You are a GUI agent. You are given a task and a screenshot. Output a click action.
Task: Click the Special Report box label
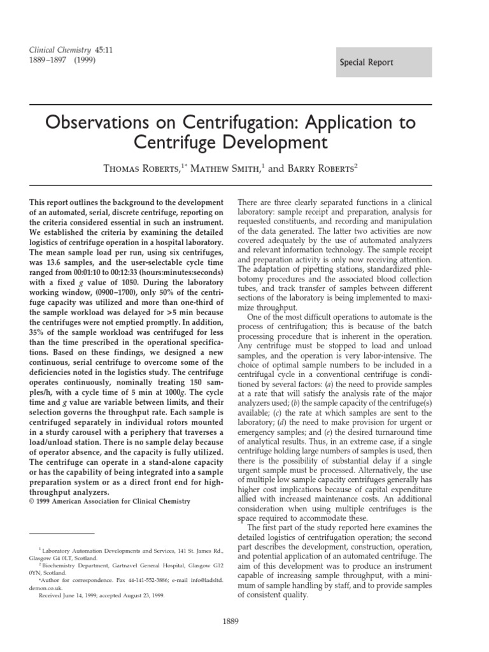[x=366, y=62]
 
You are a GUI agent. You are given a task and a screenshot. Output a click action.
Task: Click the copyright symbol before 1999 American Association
[x=32, y=502]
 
